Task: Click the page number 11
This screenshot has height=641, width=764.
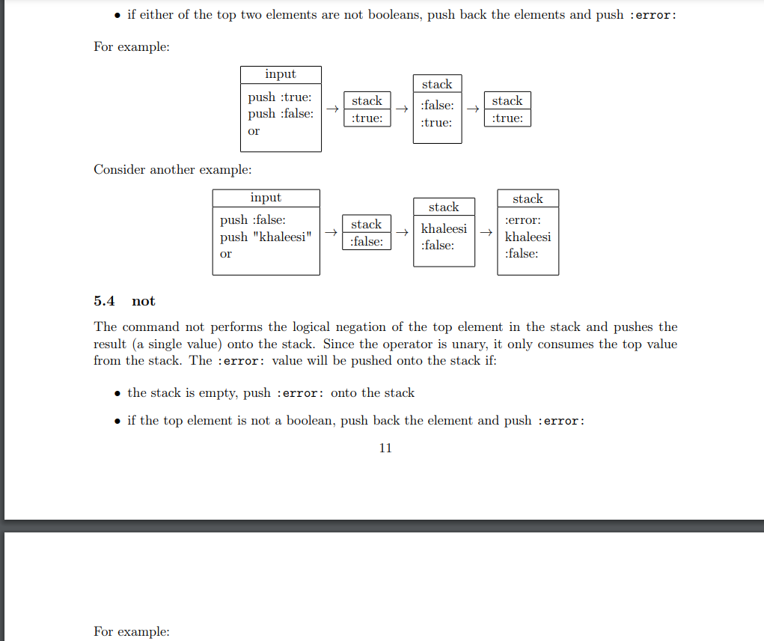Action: tap(385, 448)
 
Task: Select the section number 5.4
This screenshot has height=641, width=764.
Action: tap(104, 301)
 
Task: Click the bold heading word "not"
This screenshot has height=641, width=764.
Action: tap(143, 301)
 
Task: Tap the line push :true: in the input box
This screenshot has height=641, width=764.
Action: tap(280, 97)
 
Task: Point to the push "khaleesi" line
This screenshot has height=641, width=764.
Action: tap(266, 237)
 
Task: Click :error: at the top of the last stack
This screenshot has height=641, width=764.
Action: tap(523, 220)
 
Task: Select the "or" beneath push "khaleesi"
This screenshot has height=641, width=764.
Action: tap(226, 254)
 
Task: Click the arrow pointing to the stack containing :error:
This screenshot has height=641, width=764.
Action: tap(486, 233)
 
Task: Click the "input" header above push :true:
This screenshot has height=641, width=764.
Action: tap(281, 74)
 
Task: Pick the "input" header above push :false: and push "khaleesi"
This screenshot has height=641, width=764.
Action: tap(266, 198)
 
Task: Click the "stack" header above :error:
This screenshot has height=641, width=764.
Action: tap(528, 198)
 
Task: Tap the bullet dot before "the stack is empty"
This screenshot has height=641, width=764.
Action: tap(117, 393)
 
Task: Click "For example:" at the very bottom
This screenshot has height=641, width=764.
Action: tap(132, 631)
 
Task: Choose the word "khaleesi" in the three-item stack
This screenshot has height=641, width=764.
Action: tap(528, 237)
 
